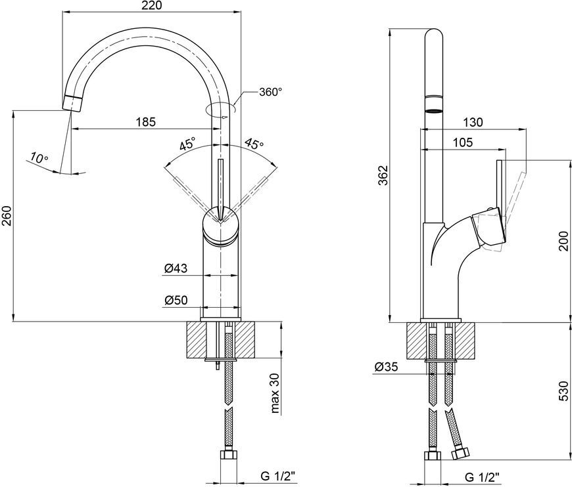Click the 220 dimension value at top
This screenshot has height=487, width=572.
click(x=152, y=5)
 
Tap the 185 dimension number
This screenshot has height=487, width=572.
click(x=146, y=121)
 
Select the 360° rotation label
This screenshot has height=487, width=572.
click(x=271, y=92)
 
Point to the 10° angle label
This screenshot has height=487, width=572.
click(x=39, y=158)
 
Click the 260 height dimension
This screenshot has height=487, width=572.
click(x=7, y=216)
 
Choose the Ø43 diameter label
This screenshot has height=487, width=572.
click(x=176, y=268)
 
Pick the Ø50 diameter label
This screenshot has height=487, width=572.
click(x=176, y=300)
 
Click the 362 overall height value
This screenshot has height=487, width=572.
click(x=382, y=175)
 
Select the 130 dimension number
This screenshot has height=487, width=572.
click(x=473, y=122)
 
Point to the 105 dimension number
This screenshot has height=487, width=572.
click(x=463, y=142)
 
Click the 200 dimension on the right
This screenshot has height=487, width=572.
click(x=564, y=240)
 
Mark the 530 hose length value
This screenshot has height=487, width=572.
click(x=564, y=391)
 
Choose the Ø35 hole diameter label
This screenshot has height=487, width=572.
click(x=387, y=367)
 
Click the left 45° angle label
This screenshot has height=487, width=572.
click(x=188, y=144)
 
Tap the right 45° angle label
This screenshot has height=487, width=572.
click(x=254, y=144)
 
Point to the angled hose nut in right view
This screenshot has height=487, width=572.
click(x=460, y=454)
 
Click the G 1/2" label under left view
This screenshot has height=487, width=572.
click(x=278, y=475)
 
